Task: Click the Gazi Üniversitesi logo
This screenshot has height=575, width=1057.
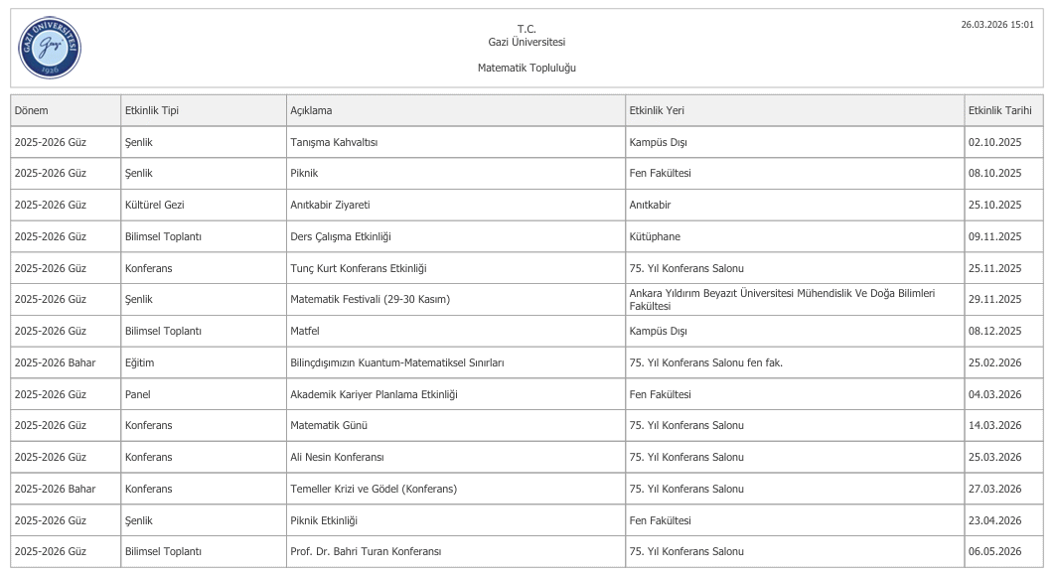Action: (x=50, y=48)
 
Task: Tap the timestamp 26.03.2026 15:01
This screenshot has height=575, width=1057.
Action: (x=997, y=24)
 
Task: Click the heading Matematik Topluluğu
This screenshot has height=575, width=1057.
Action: (x=527, y=68)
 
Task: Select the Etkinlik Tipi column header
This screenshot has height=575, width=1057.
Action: (x=152, y=110)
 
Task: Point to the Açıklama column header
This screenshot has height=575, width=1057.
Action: (x=311, y=110)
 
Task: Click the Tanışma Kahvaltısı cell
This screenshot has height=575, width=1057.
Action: (x=334, y=142)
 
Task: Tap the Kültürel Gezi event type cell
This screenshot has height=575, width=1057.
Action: (x=154, y=205)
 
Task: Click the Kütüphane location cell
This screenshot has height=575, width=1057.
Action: (x=655, y=236)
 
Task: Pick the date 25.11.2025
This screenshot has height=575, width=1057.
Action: (x=994, y=268)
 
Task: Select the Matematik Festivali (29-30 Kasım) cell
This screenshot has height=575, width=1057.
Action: (x=370, y=299)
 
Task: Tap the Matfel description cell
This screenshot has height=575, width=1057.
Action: (x=303, y=331)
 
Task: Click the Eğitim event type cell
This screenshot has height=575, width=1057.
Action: (x=139, y=362)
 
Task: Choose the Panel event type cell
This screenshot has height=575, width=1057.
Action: (x=137, y=394)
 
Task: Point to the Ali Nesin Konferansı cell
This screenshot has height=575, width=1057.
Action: (x=337, y=457)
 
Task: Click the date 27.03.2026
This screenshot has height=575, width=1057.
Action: (x=994, y=489)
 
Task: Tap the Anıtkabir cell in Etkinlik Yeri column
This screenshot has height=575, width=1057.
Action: (x=650, y=205)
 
